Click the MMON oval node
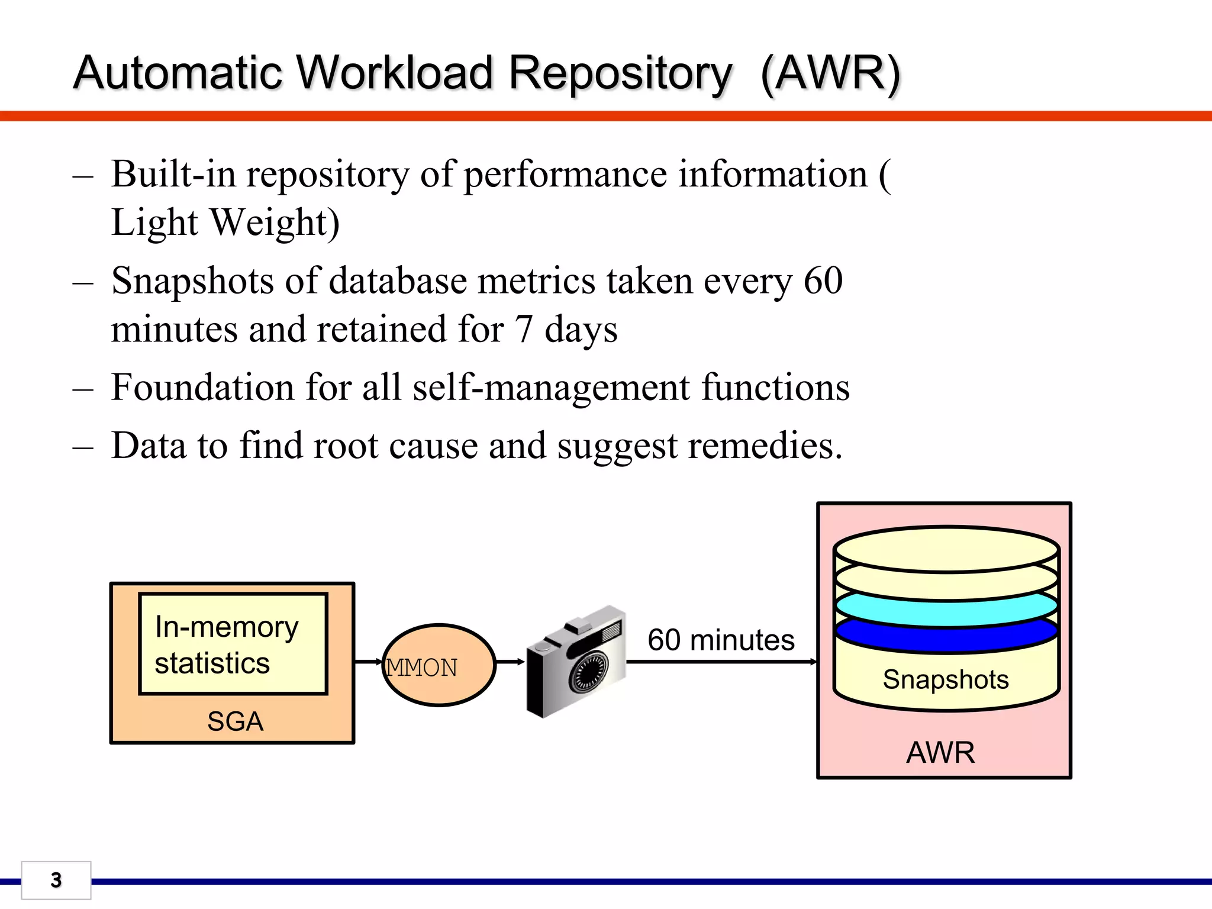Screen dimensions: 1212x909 [439, 665]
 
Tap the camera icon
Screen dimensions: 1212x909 [576, 661]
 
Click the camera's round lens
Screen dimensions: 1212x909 [588, 673]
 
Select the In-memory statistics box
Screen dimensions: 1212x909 [233, 643]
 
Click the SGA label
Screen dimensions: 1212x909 [235, 721]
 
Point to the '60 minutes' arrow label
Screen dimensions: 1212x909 [721, 640]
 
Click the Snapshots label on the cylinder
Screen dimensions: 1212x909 [946, 679]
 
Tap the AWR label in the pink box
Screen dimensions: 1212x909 [940, 753]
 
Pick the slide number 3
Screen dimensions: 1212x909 [56, 880]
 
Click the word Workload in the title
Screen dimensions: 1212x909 [394, 73]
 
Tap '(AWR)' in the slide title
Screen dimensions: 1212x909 [830, 75]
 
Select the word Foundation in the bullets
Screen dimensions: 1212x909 [202, 387]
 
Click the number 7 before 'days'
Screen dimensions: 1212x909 [524, 329]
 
